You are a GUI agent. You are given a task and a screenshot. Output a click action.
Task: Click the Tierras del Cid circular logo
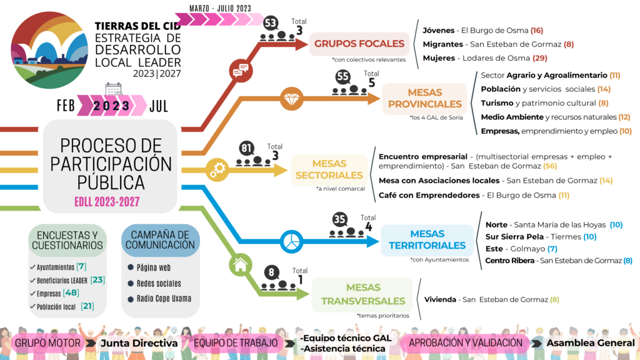pos(49,50)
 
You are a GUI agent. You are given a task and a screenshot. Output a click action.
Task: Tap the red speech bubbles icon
pos(241,71)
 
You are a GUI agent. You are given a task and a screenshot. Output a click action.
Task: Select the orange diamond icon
pos(291,99)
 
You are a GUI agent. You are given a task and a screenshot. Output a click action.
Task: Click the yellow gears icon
pos(217,170)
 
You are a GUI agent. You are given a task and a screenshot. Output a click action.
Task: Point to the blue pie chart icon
pos(291,241)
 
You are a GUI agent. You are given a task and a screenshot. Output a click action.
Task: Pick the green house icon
pos(241,265)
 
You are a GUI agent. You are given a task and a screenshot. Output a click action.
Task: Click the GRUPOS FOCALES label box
pos(359,44)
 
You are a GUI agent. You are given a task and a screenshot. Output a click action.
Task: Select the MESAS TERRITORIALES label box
pos(427,239)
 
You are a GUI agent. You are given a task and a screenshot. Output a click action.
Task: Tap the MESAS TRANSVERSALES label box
pos(363,294)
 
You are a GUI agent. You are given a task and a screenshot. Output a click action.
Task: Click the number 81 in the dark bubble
pos(246,147)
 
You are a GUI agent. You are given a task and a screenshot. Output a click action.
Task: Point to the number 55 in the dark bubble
pos(343,76)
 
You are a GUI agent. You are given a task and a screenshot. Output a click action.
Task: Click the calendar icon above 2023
pos(114,89)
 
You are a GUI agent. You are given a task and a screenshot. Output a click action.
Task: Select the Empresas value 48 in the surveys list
pos(71,292)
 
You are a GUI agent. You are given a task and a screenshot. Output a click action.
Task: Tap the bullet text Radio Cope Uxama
pos(164,299)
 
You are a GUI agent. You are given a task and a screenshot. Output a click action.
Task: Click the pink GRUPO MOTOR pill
pos(47,343)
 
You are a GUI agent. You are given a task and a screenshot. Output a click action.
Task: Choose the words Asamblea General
pos(591,343)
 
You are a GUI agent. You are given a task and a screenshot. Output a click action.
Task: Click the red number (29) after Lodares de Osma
pos(539,58)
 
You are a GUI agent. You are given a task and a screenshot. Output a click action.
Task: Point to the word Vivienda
pos(440,299)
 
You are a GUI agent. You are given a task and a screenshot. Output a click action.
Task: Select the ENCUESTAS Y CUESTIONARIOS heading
pos(67,241)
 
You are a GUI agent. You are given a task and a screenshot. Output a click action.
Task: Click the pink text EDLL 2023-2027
pos(107,202)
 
